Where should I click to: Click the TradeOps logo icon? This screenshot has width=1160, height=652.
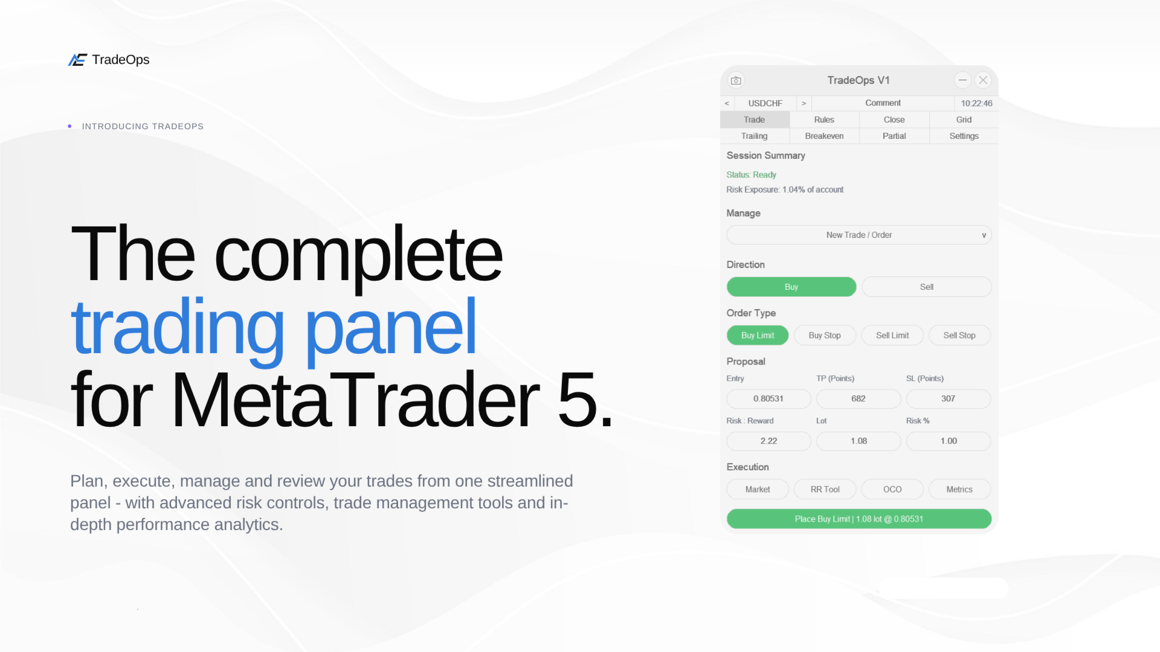77,60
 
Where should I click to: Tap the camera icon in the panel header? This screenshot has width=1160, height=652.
736,80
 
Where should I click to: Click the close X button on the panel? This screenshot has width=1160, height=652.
983,80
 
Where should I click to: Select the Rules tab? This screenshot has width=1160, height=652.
824,120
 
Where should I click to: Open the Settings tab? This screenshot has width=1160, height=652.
964,136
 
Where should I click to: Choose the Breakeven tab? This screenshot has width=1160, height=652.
824,136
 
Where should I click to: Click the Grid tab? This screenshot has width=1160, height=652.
964,120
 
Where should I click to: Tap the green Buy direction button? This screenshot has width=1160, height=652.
791,287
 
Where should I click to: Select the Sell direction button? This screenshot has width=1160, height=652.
927,287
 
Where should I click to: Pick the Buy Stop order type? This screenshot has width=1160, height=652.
825,335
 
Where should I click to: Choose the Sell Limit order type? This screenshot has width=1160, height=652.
892,335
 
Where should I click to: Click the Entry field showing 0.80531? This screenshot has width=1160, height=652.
768,398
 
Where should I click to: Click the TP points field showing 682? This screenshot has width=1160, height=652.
859,398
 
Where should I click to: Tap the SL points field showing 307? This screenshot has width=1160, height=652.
949,398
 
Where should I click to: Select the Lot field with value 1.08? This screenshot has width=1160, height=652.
859,441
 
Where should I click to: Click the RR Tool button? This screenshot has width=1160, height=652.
825,489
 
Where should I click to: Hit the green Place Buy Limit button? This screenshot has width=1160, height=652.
859,519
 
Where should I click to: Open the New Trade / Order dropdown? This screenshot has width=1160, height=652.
859,235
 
